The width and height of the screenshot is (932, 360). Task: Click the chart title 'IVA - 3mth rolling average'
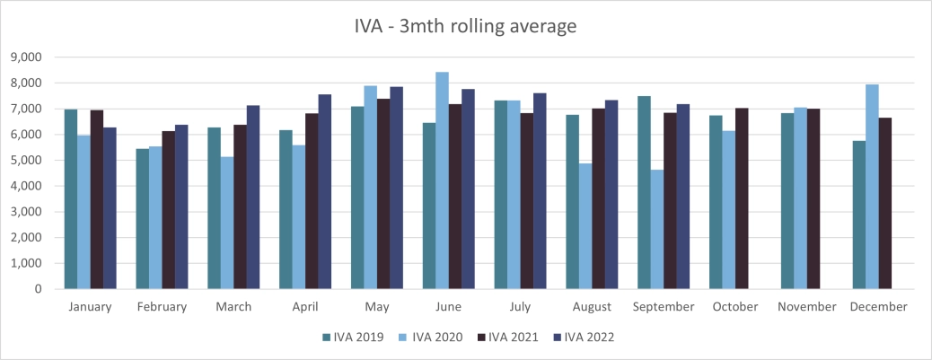pos(465,26)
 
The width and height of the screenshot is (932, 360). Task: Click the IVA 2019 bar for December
pos(859,215)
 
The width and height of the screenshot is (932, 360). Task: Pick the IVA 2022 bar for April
pos(325,192)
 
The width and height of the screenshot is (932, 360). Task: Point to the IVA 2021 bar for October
pos(743,198)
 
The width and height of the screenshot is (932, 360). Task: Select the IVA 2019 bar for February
pos(142,219)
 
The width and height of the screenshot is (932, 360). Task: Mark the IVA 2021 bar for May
pos(383,194)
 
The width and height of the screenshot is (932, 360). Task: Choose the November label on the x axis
pos(807,307)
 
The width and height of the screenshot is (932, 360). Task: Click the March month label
pos(233,307)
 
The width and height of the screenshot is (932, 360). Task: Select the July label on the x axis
pos(521,307)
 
